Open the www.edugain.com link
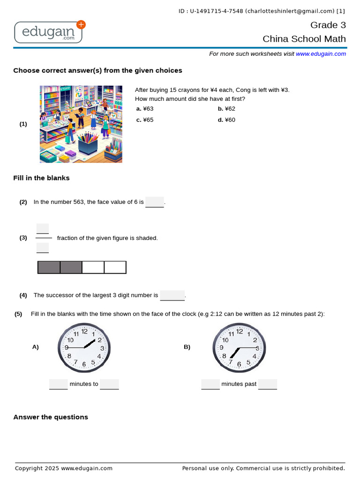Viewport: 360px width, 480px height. pyautogui.click(x=321, y=54)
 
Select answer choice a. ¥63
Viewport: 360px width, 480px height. pyautogui.click(x=145, y=109)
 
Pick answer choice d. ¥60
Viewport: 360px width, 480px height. pyautogui.click(x=226, y=120)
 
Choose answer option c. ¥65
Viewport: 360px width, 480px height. pyautogui.click(x=145, y=120)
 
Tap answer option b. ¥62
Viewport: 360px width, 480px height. pyautogui.click(x=226, y=109)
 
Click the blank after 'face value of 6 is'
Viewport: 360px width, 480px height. pyautogui.click(x=155, y=202)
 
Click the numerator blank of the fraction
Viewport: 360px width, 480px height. pyautogui.click(x=43, y=228)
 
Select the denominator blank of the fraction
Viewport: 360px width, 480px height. pyautogui.click(x=43, y=247)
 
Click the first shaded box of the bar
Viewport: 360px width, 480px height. pyautogui.click(x=49, y=267)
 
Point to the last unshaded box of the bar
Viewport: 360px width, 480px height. pyautogui.click(x=115, y=267)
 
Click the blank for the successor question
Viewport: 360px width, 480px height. pyautogui.click(x=172, y=295)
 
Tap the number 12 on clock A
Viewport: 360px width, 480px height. pyautogui.click(x=84, y=331)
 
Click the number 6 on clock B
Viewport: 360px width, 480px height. pyautogui.click(x=239, y=364)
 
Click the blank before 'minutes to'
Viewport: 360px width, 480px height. pyautogui.click(x=59, y=384)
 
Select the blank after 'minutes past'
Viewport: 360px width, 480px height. pyautogui.click(x=268, y=384)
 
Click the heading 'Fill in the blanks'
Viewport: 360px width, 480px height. pyautogui.click(x=41, y=178)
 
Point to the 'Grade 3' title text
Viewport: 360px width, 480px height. pyautogui.click(x=328, y=25)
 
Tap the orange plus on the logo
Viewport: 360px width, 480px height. pyautogui.click(x=81, y=25)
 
